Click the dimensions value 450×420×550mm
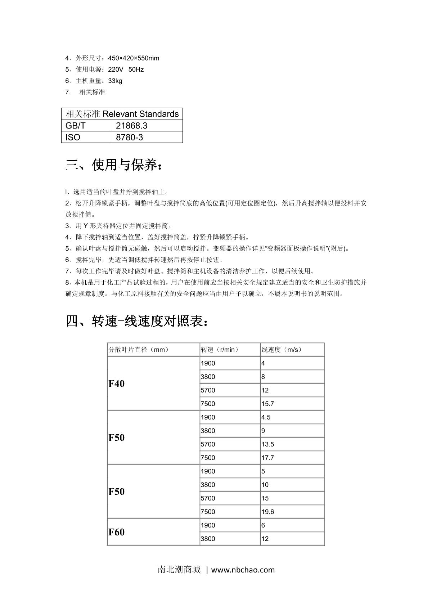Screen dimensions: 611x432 point(133,58)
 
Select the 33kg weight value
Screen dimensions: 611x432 point(115,81)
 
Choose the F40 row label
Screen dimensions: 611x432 point(117,383)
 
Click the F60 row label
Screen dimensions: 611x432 point(117,532)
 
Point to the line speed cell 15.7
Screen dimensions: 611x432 point(268,404)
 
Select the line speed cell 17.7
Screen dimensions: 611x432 point(268,458)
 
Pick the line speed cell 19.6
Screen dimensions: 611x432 point(268,512)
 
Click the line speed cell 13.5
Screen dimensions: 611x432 point(268,444)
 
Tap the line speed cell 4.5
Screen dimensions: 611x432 point(266,417)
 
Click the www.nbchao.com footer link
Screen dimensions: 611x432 point(243,570)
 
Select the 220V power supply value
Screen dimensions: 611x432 point(116,69)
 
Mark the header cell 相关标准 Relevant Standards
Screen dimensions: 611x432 point(122,114)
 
